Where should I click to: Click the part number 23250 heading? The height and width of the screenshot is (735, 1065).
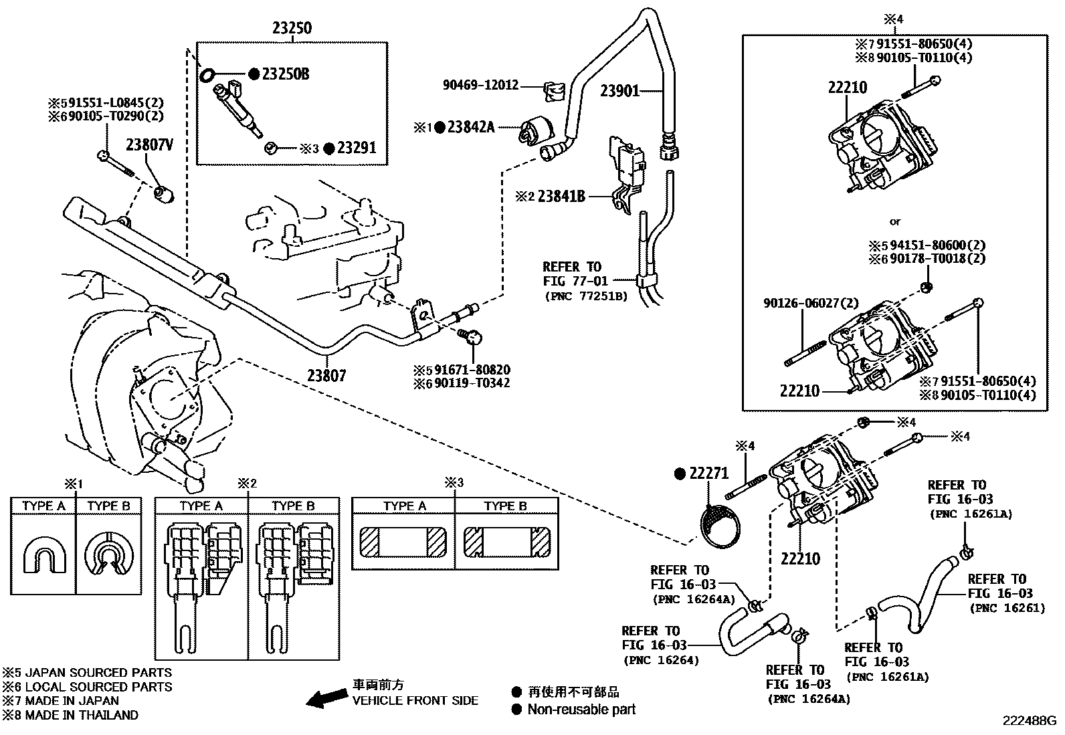(292, 29)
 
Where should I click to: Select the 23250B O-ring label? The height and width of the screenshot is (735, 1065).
(285, 74)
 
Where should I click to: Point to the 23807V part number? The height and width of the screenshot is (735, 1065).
(149, 145)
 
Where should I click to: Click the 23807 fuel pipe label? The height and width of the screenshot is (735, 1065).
(327, 376)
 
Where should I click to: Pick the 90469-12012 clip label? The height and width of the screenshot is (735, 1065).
(480, 86)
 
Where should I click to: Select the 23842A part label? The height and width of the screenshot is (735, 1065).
(470, 126)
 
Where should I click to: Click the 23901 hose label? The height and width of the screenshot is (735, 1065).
(619, 91)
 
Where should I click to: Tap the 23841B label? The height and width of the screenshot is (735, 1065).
(561, 196)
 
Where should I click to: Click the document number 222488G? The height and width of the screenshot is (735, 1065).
(1028, 721)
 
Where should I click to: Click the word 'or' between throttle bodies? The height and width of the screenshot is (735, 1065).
(895, 221)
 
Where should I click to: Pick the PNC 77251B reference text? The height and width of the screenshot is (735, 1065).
(585, 296)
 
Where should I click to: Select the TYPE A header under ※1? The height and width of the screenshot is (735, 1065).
(43, 506)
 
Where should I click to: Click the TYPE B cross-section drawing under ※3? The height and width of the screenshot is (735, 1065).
(506, 541)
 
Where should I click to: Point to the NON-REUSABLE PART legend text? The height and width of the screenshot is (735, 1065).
(581, 710)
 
